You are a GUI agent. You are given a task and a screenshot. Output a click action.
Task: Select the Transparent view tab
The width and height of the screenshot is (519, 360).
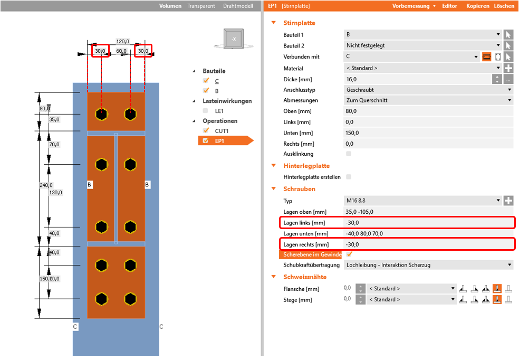point(201,6)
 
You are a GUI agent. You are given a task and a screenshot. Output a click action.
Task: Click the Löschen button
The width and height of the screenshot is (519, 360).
point(504,6)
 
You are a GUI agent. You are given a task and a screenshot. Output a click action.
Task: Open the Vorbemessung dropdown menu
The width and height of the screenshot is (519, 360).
point(414,6)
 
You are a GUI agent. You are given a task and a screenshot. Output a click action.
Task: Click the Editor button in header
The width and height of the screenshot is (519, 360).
point(449,6)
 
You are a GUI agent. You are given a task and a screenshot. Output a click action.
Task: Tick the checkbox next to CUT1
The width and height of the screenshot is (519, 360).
point(206,130)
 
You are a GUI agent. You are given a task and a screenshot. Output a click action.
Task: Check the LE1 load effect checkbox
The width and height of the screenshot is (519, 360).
point(206,111)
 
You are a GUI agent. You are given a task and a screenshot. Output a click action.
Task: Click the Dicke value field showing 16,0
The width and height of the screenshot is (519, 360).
point(417,79)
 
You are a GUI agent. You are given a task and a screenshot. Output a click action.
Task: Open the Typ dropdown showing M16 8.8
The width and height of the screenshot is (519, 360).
point(422,201)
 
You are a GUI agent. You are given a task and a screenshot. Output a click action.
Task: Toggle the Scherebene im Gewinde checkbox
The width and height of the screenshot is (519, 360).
point(349,254)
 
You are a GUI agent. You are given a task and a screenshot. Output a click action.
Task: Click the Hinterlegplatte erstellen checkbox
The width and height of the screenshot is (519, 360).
point(348,177)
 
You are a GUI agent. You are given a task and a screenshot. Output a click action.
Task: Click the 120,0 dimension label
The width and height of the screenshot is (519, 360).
point(123,41)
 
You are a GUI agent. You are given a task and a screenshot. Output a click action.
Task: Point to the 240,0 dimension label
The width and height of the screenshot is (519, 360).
point(46,185)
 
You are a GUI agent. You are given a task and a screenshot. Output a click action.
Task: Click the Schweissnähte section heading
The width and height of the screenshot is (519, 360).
point(305,277)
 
